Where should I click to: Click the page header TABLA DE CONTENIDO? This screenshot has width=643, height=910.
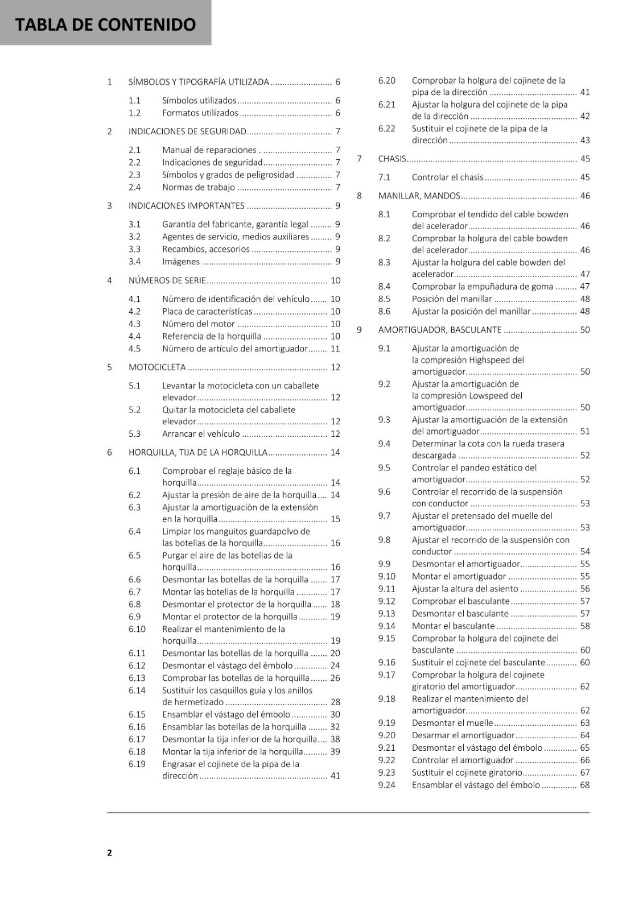click(105, 24)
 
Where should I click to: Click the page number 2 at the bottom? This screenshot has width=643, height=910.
click(110, 852)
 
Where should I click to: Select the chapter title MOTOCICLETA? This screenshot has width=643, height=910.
click(157, 367)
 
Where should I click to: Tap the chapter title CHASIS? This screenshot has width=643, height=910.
click(392, 159)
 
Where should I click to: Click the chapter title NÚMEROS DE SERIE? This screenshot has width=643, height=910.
click(167, 280)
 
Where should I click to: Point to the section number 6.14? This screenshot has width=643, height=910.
click(137, 690)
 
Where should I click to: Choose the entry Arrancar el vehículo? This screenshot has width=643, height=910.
click(201, 434)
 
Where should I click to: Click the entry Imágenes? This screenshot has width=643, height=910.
click(181, 262)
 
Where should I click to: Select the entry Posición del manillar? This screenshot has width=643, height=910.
click(452, 299)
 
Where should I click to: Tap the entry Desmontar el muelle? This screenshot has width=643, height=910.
click(452, 723)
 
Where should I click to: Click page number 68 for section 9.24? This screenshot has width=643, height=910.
click(584, 785)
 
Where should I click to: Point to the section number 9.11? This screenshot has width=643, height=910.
click(386, 589)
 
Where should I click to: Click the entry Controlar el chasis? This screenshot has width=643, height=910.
click(447, 177)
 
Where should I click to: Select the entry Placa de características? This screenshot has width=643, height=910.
click(207, 312)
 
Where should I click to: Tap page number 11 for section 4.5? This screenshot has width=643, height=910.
click(335, 349)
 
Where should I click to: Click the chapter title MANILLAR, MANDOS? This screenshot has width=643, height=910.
click(419, 196)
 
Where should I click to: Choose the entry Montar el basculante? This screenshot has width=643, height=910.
click(453, 626)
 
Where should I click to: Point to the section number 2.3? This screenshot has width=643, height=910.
click(134, 175)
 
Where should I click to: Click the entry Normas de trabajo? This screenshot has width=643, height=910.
click(198, 188)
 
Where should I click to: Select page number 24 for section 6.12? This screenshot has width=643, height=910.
click(335, 666)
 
